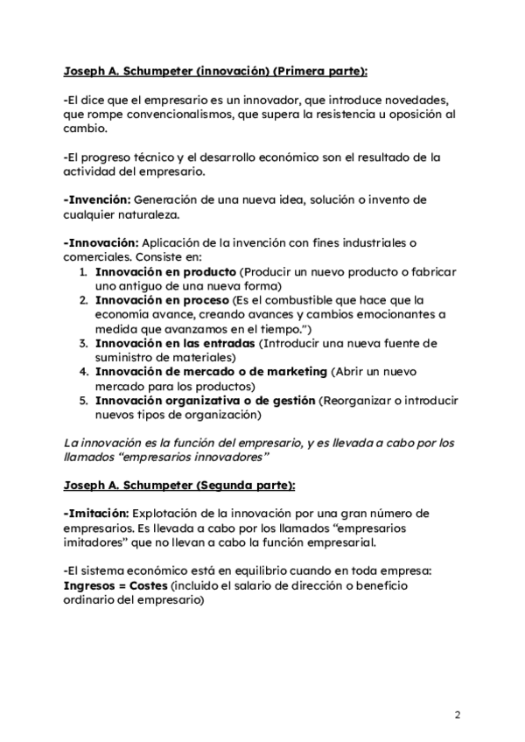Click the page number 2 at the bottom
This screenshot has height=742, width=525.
pos(458,715)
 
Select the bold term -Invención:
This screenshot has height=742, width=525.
pos(98,199)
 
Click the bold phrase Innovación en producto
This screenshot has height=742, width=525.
pos(165,271)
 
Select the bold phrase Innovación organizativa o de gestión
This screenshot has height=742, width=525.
pos(205,401)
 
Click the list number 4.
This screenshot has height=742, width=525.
pos(82,372)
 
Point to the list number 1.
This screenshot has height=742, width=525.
pos(82,271)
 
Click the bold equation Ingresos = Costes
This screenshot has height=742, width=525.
pos(115,585)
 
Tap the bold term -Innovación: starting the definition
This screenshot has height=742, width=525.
pos(101,242)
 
